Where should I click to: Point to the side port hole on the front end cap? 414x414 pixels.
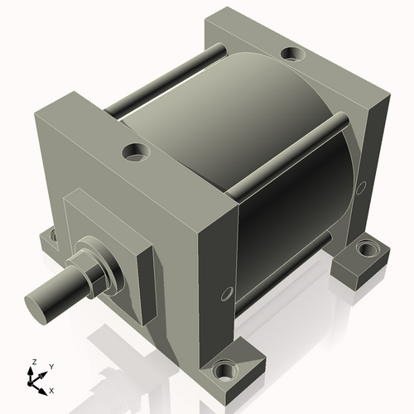pyautogui.click(x=227, y=294)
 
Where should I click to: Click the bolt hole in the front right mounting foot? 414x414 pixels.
pyautogui.click(x=223, y=369)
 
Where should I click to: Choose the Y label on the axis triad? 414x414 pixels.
pyautogui.click(x=51, y=366)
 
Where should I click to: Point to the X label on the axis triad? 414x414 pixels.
pyautogui.click(x=52, y=389)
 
